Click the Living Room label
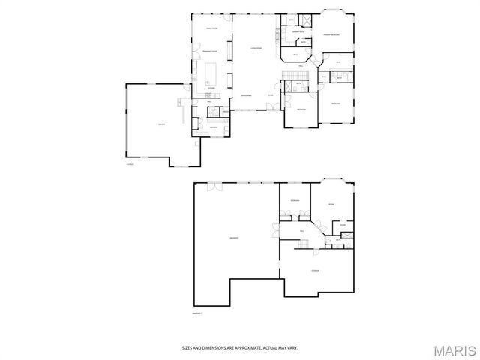pos(254,47)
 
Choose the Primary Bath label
pos(297,32)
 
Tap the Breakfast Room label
pos(210,51)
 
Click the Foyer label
pos(280,95)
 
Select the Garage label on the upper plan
pos(161,124)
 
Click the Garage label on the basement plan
pos(234,238)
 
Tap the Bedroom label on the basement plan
pos(295,201)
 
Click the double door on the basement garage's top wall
pos(213,186)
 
